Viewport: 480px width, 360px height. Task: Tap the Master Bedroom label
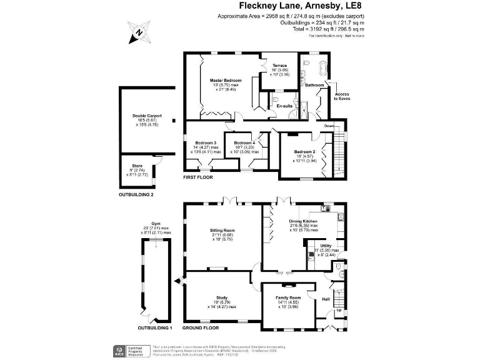tap(225, 81)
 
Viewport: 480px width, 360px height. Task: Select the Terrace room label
tap(279, 65)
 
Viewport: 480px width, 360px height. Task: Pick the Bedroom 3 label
tap(205, 142)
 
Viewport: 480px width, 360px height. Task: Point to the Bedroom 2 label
tap(305, 151)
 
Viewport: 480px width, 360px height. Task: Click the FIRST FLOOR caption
tap(197, 177)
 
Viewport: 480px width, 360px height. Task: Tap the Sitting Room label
tap(222, 230)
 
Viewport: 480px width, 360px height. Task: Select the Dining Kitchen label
tap(302, 221)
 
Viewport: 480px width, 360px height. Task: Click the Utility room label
tap(326, 246)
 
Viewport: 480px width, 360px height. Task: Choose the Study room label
tap(222, 297)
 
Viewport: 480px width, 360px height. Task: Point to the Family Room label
tap(288, 297)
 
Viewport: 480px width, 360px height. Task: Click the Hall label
tap(326, 299)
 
